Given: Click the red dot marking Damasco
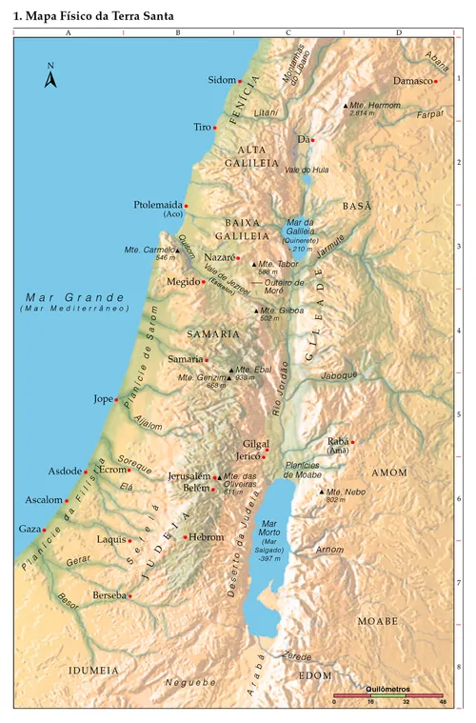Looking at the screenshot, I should tap(435, 81).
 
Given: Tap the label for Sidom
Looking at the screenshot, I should tap(221, 81).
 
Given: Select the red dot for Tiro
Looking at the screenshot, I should tap(215, 127).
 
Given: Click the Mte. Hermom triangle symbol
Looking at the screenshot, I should tap(346, 105).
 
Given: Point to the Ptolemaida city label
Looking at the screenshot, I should tap(157, 205).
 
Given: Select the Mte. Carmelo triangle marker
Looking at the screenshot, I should tap(177, 251).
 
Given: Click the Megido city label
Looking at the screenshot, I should tap(183, 282).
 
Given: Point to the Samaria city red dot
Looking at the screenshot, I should tap(207, 359).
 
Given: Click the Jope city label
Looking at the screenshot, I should tap(103, 399).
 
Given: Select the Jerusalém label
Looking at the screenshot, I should tap(188, 475).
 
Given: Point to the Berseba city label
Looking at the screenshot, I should tap(109, 595).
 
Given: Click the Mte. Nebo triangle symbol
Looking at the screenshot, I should tap(322, 492).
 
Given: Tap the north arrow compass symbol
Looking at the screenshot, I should tap(51, 75).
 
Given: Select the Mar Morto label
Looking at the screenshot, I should tap(269, 528).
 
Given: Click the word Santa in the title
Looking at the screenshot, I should tap(154, 16).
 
